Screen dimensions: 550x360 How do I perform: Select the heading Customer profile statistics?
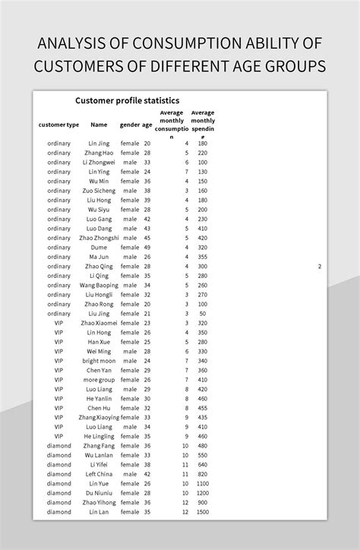coord(127,100)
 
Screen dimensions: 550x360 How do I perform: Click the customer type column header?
coord(58,125)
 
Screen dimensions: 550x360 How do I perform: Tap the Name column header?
coord(99,125)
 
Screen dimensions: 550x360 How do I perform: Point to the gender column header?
coord(130,125)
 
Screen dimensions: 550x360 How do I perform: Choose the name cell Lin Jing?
coord(99,144)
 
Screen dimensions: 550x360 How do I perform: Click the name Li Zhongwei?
coord(99,163)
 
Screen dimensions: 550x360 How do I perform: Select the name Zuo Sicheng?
coord(99,191)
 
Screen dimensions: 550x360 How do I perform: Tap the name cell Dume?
coord(99,248)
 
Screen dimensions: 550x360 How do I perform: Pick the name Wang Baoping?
coord(99,286)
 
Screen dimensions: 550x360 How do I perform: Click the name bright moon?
coord(99,361)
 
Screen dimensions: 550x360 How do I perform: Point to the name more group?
coord(99,380)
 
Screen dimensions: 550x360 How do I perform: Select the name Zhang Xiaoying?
coord(99,418)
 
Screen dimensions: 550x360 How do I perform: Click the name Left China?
coord(99,474)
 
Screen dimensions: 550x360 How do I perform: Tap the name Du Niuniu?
coord(99,493)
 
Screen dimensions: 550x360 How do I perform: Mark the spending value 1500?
coord(201,512)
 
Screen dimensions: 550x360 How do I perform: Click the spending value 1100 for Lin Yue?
coord(201,484)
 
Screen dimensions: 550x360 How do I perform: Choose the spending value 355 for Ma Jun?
coord(202,257)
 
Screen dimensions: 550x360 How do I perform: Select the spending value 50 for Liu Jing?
coord(203,314)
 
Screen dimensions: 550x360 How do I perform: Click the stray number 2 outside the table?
coord(320,267)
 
